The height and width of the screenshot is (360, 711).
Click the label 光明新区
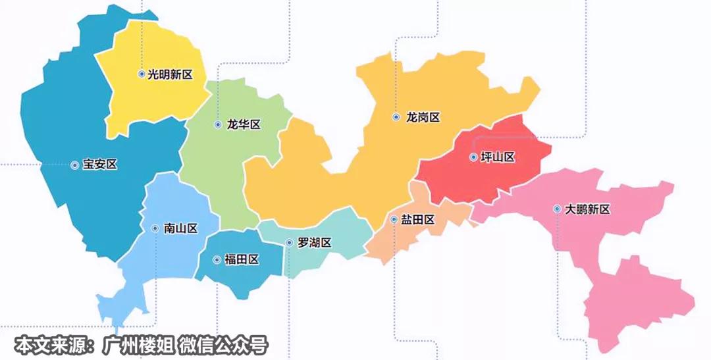pyautogui.click(x=170, y=75)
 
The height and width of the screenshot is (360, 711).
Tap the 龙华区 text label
pyautogui.click(x=244, y=125)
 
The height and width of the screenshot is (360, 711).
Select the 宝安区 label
pyautogui.click(x=100, y=165)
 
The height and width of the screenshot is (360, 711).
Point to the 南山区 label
pyautogui.click(x=180, y=229)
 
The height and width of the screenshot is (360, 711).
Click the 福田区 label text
pyautogui.click(x=242, y=260)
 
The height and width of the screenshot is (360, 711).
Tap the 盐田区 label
pyautogui.click(x=417, y=220)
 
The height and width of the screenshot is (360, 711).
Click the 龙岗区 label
pyautogui.click(x=423, y=118)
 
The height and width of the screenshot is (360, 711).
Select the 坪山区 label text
pyautogui.click(x=497, y=158)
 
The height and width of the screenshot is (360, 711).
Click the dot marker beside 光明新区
pyautogui.click(x=142, y=74)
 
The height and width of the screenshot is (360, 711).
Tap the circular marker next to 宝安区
pyautogui.click(x=74, y=165)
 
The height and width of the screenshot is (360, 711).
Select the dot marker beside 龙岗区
pyautogui.click(x=396, y=117)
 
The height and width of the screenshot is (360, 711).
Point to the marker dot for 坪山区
pyautogui.click(x=473, y=157)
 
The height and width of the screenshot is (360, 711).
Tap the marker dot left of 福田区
pyautogui.click(x=217, y=260)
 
